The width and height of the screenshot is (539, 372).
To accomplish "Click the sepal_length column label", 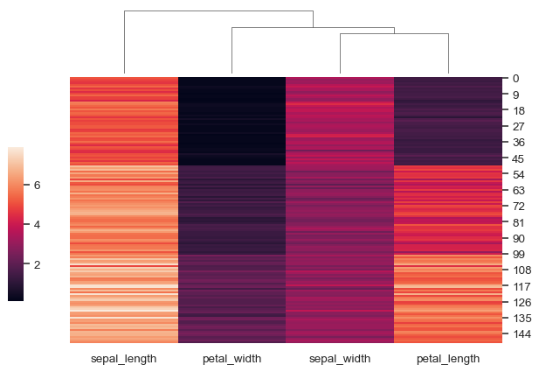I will pos(123,360).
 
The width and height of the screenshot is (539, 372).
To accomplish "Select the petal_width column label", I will pos(231,360).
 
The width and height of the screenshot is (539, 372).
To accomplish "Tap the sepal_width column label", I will pos(340,360).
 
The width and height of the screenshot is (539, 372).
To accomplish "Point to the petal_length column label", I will pos(448,360).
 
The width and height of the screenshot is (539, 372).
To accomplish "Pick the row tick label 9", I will pos(517,95).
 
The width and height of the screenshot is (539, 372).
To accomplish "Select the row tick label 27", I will pos(520,127).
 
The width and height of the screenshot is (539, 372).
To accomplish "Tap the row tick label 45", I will pos(520,158).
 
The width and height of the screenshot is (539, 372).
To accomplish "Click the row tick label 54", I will pos(520,174).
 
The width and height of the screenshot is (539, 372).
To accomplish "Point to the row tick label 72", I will pos(520,207).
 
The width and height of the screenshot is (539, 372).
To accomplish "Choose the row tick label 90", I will pos(520,238).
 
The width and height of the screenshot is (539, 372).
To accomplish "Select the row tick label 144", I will pos(522,334).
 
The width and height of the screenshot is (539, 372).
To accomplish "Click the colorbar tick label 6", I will pos(38,185).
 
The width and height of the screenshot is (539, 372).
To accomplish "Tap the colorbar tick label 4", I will pos(38,224).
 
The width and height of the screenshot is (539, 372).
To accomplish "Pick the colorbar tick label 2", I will pos(38,264).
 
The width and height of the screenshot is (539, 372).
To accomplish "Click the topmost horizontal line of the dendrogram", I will pos(218,11).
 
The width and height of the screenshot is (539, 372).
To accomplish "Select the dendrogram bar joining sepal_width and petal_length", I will pos(394,34).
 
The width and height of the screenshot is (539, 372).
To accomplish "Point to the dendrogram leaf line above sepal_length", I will pos(124,44).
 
